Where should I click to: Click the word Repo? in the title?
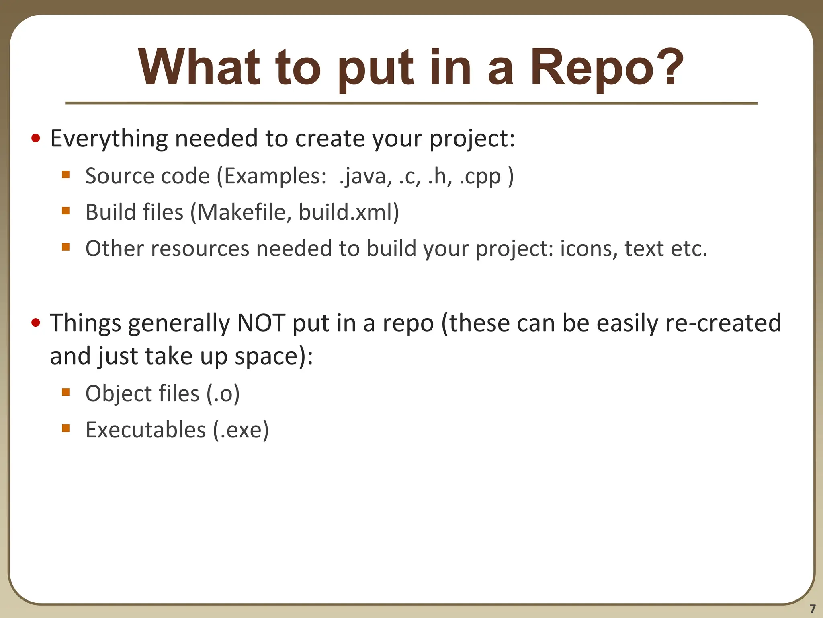(606, 68)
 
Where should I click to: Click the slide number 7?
(812, 608)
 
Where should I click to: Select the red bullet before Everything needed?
(36, 139)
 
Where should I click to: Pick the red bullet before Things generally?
(36, 323)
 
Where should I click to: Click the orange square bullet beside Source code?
(66, 175)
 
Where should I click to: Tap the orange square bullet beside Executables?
(66, 428)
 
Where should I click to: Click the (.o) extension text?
(223, 393)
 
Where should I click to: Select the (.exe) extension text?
(241, 430)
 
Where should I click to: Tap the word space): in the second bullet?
(274, 356)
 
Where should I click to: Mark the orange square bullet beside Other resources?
(66, 247)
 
